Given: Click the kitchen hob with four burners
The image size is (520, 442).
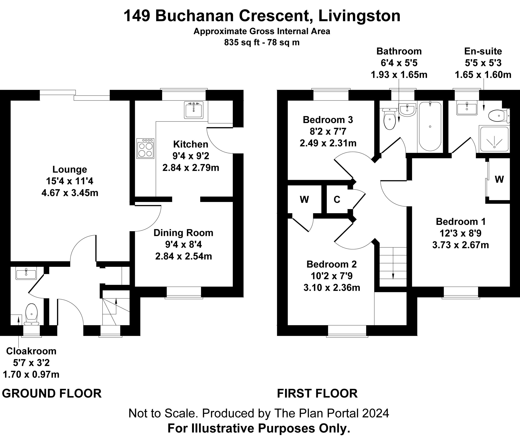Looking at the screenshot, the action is (x=145, y=148).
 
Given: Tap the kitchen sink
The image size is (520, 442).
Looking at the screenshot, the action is (x=193, y=110).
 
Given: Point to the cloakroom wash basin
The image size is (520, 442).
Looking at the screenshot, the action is (x=26, y=273).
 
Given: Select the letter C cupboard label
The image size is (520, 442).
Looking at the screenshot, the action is (x=337, y=199).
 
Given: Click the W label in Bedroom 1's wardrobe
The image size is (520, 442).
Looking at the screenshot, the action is (x=499, y=179).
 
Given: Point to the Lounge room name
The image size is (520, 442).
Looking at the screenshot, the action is (x=70, y=169).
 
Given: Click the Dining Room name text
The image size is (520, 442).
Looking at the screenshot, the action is (x=183, y=233).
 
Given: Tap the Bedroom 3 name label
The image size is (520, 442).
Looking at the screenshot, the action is (x=328, y=120).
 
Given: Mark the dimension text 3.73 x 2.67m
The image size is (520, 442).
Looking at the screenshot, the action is (x=460, y=245).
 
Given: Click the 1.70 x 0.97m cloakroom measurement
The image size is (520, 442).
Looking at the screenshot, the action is (x=31, y=375).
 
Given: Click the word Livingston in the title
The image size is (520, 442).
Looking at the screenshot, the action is (x=359, y=16).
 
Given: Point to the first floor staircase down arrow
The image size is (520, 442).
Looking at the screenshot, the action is (x=393, y=276).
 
